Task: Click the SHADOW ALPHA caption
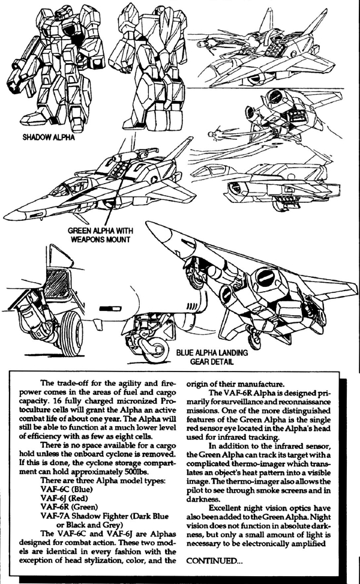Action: [49, 137]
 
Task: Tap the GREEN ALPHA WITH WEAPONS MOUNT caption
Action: [101, 235]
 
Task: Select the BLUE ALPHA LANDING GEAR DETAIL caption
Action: [212, 357]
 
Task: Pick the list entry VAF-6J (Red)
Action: [64, 498]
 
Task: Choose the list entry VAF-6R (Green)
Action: [69, 507]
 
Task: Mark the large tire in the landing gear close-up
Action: [71, 333]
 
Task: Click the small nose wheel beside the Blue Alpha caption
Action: [154, 350]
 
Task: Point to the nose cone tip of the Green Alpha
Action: [5, 215]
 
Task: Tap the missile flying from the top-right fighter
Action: [208, 46]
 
